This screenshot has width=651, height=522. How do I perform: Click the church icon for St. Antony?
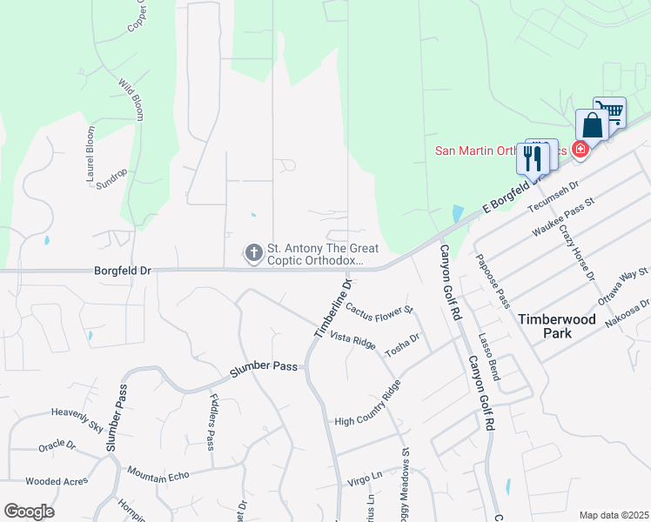tap(254, 253)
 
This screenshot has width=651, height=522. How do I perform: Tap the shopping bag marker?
tap(592, 125)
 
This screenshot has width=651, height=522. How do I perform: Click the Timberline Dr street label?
tap(333, 310)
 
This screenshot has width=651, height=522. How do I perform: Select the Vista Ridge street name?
tap(352, 340)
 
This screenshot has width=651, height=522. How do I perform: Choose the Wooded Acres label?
tap(56, 481)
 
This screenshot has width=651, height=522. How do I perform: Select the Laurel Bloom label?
tap(90, 154)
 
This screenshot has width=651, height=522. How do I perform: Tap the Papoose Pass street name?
tap(493, 280)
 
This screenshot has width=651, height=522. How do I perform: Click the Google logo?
tap(29, 512)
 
